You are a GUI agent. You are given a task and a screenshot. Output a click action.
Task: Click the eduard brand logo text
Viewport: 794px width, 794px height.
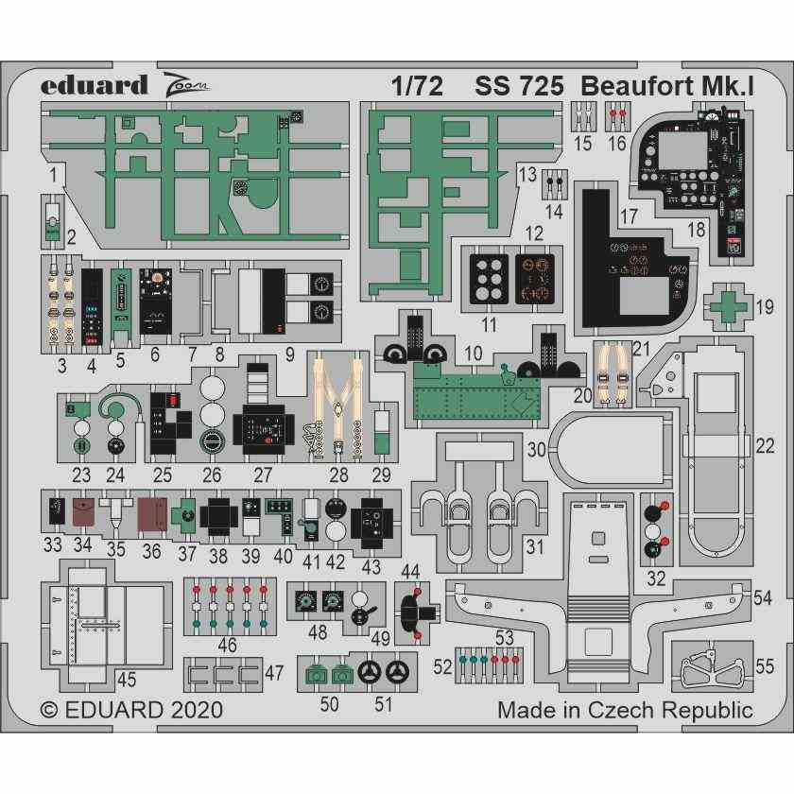click(94, 85)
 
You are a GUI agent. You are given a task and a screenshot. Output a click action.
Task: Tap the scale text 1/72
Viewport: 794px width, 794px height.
click(417, 86)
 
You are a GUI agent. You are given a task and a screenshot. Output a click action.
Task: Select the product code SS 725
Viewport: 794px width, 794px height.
click(519, 86)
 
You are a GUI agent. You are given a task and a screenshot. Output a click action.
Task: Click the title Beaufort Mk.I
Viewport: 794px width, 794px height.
click(665, 86)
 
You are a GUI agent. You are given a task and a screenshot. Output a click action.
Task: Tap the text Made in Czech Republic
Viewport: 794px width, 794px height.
click(625, 711)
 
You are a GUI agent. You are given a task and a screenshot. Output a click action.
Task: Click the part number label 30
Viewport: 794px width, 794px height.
click(537, 451)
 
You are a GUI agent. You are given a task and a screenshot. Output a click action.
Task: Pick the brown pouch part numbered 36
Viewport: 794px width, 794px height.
click(151, 516)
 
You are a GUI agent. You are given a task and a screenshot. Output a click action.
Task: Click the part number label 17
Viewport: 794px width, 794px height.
click(629, 216)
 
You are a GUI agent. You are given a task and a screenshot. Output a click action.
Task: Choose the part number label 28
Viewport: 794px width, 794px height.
click(337, 475)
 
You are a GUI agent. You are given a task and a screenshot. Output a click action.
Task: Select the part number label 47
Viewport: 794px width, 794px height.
click(274, 673)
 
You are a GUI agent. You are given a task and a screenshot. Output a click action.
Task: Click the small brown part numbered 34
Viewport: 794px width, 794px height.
click(83, 514)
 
